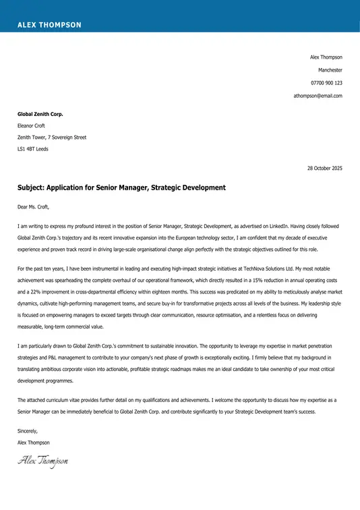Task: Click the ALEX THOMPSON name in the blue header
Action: [49, 25]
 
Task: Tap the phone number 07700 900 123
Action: [326, 83]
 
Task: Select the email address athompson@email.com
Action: [318, 96]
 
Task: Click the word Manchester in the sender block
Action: [330, 70]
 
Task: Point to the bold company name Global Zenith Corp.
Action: [40, 114]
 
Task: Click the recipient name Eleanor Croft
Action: [32, 125]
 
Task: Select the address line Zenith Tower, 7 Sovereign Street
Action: [52, 137]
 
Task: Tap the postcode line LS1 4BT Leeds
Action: [33, 148]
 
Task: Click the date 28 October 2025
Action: [325, 168]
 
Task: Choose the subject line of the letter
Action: [121, 188]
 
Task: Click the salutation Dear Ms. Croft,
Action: [34, 206]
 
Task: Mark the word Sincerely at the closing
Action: [28, 430]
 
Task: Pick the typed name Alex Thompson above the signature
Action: [34, 443]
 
